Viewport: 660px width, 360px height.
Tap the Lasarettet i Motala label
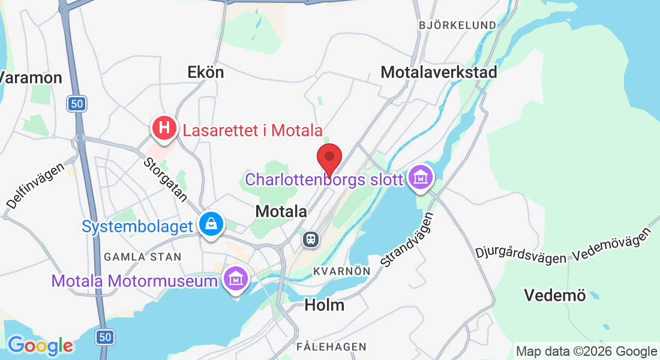click(253, 130)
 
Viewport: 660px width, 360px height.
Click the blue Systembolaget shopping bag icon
click(211, 224)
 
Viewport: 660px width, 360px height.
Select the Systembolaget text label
click(137, 227)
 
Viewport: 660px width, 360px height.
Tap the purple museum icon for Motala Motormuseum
click(236, 278)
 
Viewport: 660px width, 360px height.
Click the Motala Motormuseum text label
click(134, 281)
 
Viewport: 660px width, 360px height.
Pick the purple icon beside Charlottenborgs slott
click(421, 177)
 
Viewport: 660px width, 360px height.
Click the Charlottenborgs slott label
click(324, 179)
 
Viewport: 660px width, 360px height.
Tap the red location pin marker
click(329, 158)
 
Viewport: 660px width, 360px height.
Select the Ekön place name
click(206, 73)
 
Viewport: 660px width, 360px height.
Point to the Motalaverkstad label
click(439, 73)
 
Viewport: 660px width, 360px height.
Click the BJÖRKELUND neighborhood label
click(458, 25)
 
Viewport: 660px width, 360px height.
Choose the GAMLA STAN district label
click(142, 257)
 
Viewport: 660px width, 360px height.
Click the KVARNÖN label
click(341, 271)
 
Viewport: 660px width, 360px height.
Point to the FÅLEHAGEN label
click(331, 347)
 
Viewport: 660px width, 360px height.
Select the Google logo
click(40, 346)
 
